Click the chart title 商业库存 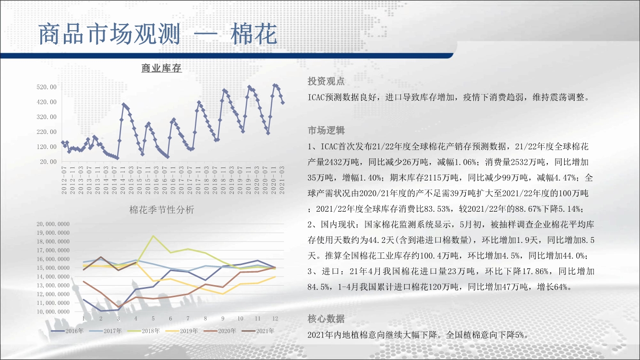coord(161,68)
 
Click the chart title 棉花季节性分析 coord(162,210)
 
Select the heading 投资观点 coord(326,82)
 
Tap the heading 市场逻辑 coord(326,131)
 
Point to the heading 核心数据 coord(326,319)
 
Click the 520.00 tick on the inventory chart coord(47,87)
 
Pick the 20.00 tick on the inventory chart coord(48,162)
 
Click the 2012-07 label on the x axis coord(64,180)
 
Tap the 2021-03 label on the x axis coord(282,180)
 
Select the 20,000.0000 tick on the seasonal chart coord(53,224)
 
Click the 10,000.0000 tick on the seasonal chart coord(53,312)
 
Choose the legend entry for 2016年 coord(67,331)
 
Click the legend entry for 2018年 coord(144,331)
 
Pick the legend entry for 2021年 coord(258,331)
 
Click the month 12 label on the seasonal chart coord(275,319)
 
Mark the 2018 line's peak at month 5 coord(153,236)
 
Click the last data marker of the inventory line coord(283,103)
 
